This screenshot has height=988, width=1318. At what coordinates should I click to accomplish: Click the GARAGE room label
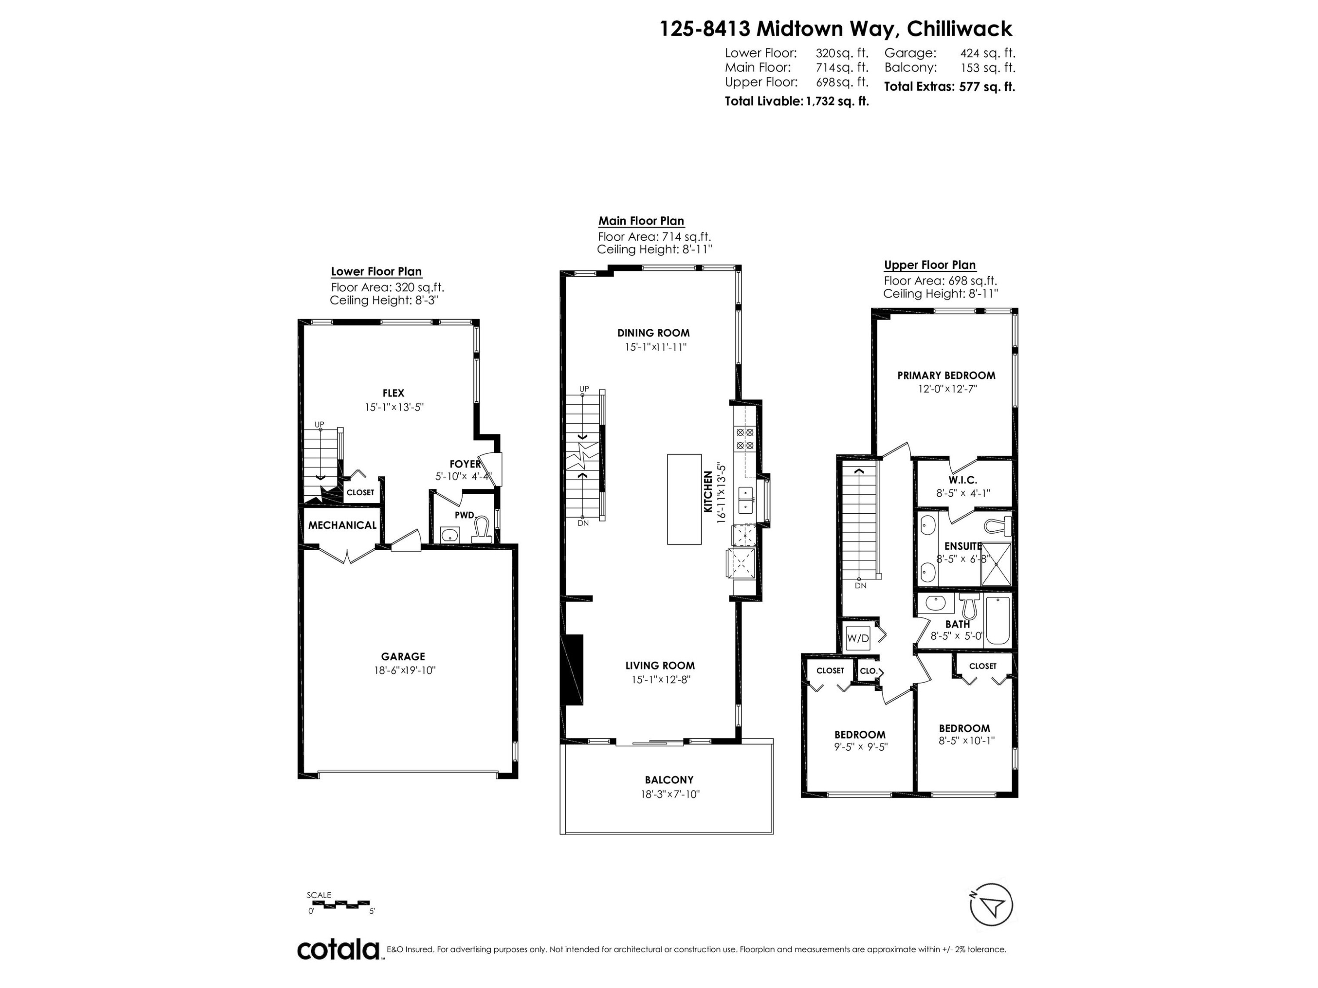click(403, 656)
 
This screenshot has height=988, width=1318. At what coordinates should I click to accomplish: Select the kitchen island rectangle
click(684, 499)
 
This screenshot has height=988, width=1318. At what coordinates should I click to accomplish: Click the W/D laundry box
click(858, 638)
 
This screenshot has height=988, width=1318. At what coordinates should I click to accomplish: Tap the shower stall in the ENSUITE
click(996, 564)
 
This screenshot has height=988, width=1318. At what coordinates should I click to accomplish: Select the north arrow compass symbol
click(991, 905)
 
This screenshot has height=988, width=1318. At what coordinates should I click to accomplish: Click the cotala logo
click(338, 949)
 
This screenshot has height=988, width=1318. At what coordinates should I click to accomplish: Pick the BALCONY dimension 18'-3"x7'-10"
click(669, 794)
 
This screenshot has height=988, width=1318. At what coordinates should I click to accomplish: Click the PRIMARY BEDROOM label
click(946, 375)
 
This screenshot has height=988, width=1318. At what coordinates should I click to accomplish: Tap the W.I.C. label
click(963, 480)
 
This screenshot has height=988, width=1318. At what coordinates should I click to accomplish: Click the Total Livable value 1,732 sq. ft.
click(837, 101)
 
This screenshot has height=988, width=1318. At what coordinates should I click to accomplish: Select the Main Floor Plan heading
click(641, 221)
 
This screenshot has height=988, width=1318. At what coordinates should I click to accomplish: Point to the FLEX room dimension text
click(394, 407)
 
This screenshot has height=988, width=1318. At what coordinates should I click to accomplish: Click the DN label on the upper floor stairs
click(860, 585)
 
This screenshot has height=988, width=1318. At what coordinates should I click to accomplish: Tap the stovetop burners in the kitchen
click(745, 439)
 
